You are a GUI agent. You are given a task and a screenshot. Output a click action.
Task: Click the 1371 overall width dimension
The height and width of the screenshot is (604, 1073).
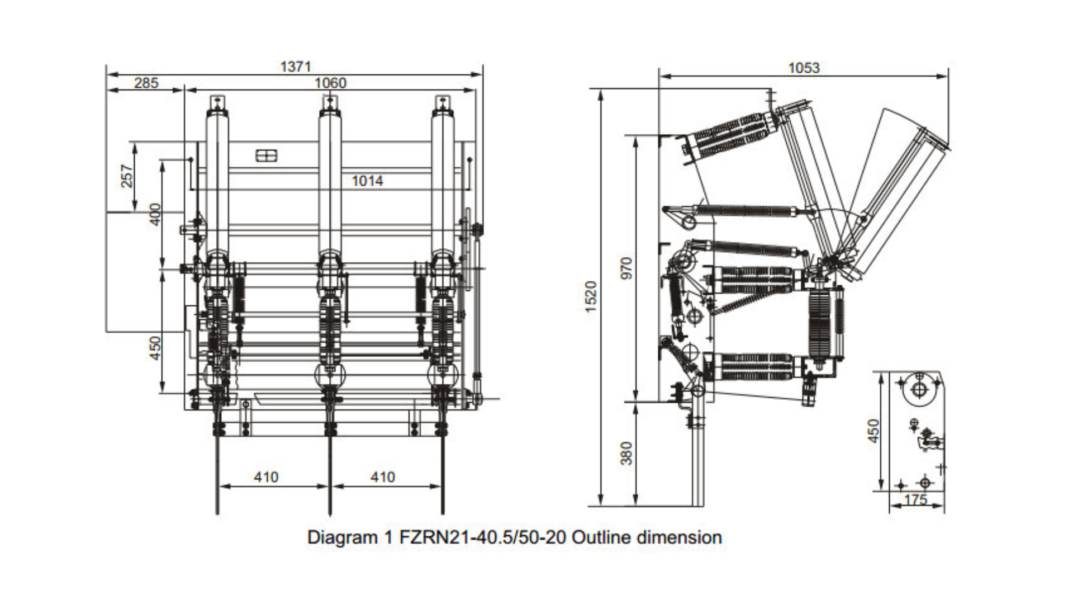(295, 67)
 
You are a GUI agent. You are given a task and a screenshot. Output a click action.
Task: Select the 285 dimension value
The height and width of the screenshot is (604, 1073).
(146, 83)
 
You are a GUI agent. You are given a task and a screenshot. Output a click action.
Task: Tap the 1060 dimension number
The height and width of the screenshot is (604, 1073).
(330, 83)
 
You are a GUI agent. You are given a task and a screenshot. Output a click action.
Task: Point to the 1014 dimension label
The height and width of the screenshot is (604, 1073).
(367, 181)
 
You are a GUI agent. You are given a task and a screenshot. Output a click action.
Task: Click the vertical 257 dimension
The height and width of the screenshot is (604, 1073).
(127, 176)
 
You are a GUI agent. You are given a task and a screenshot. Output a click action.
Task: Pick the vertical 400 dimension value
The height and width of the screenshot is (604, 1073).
(155, 214)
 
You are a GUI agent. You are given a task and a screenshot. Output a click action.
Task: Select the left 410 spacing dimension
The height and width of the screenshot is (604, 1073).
(265, 477)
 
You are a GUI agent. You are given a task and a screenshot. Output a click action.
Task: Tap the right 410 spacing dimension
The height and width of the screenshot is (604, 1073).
(382, 477)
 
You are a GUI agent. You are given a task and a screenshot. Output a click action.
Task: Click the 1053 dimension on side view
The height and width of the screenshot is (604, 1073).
(803, 68)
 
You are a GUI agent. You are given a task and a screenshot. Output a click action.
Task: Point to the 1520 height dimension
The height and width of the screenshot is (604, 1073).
(591, 296)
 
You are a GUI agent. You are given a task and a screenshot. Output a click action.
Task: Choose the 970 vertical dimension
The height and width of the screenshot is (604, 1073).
(626, 268)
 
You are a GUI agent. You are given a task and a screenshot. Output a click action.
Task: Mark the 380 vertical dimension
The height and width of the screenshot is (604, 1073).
(626, 453)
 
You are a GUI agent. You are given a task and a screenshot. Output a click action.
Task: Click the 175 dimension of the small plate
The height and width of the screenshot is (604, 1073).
(915, 499)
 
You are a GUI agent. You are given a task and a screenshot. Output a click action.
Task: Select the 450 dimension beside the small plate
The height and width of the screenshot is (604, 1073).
(873, 431)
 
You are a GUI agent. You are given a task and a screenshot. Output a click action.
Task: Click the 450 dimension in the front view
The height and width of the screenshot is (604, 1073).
(155, 348)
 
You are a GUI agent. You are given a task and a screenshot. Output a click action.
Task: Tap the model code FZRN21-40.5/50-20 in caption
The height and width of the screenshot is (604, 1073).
(482, 537)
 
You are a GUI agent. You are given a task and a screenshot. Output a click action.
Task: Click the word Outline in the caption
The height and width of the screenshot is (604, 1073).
(602, 537)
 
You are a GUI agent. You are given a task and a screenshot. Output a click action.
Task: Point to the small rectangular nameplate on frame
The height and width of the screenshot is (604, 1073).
(266, 155)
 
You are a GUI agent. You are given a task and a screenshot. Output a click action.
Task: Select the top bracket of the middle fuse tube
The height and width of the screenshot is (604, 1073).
(330, 103)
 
